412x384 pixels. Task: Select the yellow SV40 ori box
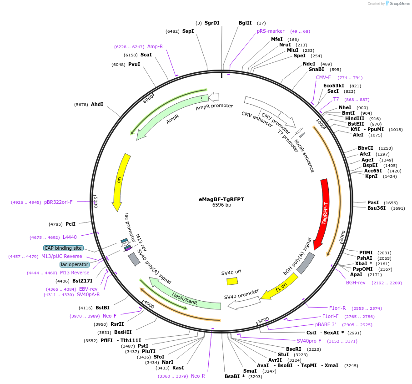(x=232, y=281)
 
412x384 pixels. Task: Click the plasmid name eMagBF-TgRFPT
(x=221, y=199)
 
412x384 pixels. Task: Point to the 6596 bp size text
(x=221, y=205)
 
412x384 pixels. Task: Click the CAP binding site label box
(x=63, y=248)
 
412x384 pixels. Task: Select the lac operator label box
(x=75, y=264)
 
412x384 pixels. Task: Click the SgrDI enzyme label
(x=212, y=23)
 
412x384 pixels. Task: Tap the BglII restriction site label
(x=245, y=23)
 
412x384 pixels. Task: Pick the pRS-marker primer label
(x=271, y=31)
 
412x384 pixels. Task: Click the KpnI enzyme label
(x=371, y=176)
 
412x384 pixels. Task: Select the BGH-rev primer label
(x=356, y=283)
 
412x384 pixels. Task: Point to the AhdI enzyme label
(x=97, y=104)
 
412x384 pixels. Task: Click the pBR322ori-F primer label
(x=58, y=202)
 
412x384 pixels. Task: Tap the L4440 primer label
(x=70, y=237)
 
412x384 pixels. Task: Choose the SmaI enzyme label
(x=250, y=371)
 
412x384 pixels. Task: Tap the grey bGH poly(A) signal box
(x=306, y=263)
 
